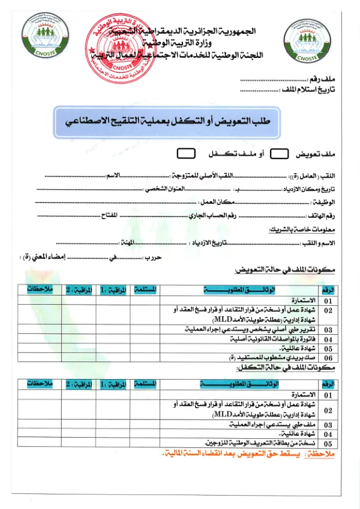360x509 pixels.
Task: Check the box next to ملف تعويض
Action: point(278,154)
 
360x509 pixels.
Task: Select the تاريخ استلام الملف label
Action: point(310,90)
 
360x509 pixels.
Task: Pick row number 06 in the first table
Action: point(328,358)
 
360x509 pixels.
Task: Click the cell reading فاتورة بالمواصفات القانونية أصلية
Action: point(272,339)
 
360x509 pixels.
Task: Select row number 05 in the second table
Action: point(328,443)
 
